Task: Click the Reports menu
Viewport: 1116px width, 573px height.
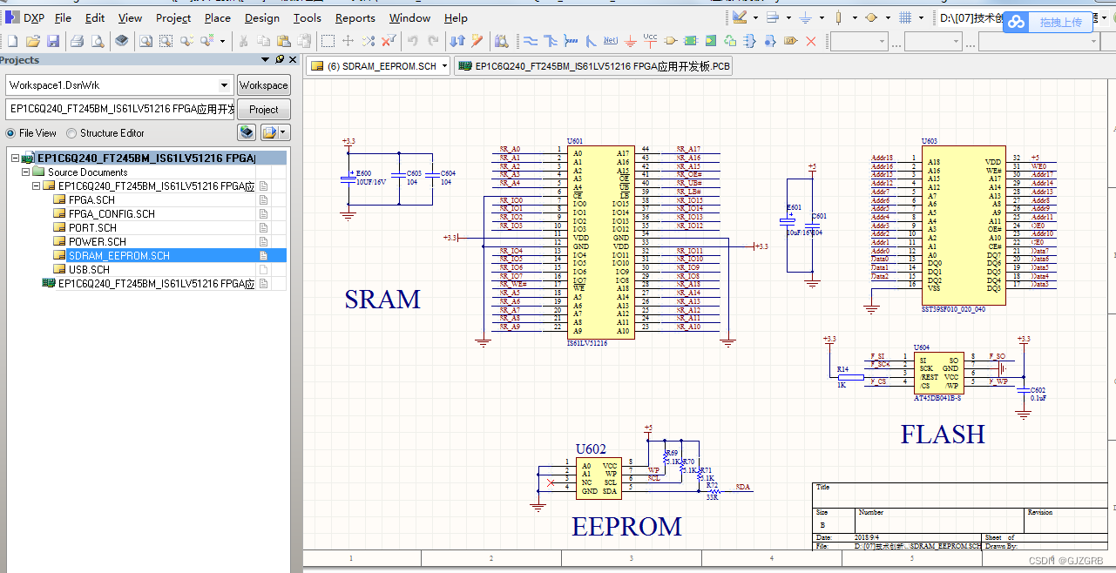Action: [x=355, y=17]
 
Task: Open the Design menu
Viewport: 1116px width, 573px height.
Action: [x=261, y=17]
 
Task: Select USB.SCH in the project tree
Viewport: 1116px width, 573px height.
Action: [x=89, y=269]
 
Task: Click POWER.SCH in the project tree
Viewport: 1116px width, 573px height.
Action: [x=97, y=241]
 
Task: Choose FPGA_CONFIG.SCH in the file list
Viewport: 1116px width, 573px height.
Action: [x=112, y=213]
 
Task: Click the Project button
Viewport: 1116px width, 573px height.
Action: [x=263, y=109]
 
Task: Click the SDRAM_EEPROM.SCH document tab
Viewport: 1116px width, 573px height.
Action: [x=381, y=66]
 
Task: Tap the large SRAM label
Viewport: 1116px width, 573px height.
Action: [x=382, y=300]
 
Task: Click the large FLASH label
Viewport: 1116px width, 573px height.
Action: [x=943, y=434]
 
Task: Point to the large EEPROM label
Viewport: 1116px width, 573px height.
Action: [x=626, y=527]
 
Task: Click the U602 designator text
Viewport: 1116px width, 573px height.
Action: [x=590, y=449]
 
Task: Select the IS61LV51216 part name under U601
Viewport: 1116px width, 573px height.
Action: [x=587, y=343]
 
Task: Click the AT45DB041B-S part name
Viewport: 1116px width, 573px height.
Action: [x=937, y=398]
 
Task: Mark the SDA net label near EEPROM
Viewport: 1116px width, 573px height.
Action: [x=742, y=488]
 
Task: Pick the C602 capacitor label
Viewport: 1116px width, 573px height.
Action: [x=1037, y=390]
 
